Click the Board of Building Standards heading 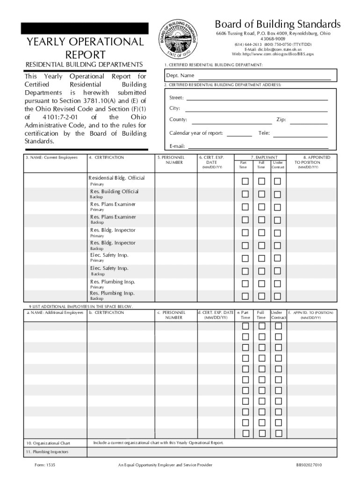coord(278,24)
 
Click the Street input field coord(257,98)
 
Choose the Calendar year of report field coord(239,133)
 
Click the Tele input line coord(300,133)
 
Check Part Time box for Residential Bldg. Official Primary coord(245,181)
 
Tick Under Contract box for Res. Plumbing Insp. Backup coord(278,296)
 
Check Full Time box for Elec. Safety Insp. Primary coord(262,258)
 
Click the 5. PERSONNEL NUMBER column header coord(171,160)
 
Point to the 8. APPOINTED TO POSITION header coord(316,160)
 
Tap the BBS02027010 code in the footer coord(309,465)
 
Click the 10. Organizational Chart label coord(48,443)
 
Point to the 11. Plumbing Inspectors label coord(47,452)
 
